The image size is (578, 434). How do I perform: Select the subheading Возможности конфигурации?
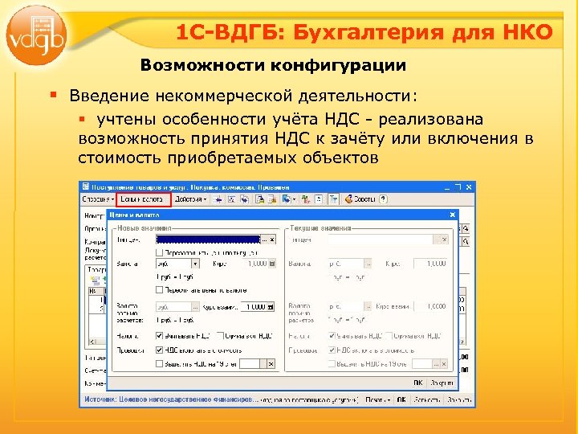[274, 64]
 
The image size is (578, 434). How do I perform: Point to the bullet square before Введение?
[54, 96]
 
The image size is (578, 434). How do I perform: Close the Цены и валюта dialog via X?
[452, 215]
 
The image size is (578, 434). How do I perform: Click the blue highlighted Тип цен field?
[208, 240]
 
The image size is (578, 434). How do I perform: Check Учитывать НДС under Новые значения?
[160, 335]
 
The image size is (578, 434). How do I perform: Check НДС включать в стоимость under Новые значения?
[160, 350]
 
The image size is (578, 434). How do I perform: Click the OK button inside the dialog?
[418, 384]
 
